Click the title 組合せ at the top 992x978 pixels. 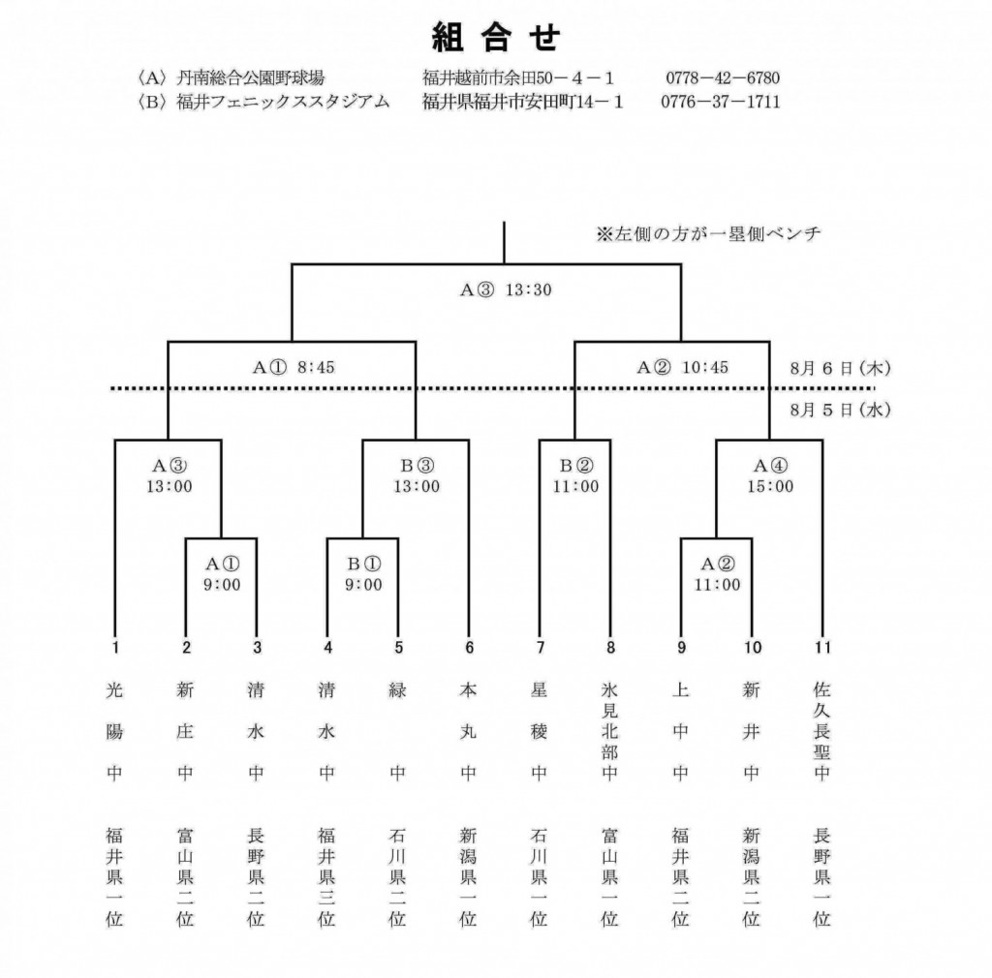(x=496, y=38)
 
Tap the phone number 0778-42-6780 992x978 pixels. (x=723, y=77)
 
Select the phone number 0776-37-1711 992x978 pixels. (x=721, y=102)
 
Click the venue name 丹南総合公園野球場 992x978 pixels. (x=251, y=77)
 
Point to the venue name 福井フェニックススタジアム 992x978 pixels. (x=283, y=102)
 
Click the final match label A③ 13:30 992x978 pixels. (x=506, y=290)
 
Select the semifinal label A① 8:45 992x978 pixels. (x=294, y=367)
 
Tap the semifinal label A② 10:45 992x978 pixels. (x=682, y=367)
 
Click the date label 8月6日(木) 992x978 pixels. (x=840, y=368)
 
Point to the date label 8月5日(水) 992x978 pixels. (x=840, y=410)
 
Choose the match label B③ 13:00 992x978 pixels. (x=417, y=476)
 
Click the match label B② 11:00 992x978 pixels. (x=575, y=476)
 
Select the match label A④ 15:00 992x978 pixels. (x=770, y=476)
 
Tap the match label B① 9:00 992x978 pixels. (x=363, y=574)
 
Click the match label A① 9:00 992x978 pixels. (x=222, y=574)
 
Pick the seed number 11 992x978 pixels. (x=822, y=648)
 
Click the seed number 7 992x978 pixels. (x=540, y=648)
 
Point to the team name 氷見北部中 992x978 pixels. (x=610, y=731)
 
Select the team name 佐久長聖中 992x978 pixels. (x=821, y=731)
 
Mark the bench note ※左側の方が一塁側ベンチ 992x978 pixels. (x=708, y=234)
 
